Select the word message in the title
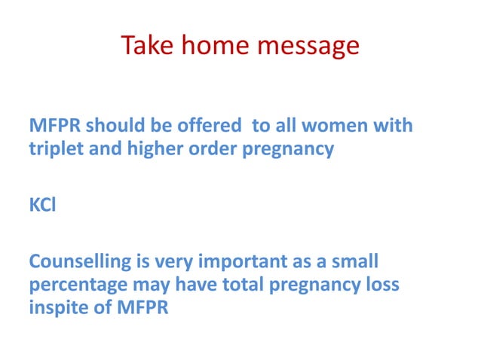[307, 47]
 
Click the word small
[353, 262]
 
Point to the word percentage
[71, 286]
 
